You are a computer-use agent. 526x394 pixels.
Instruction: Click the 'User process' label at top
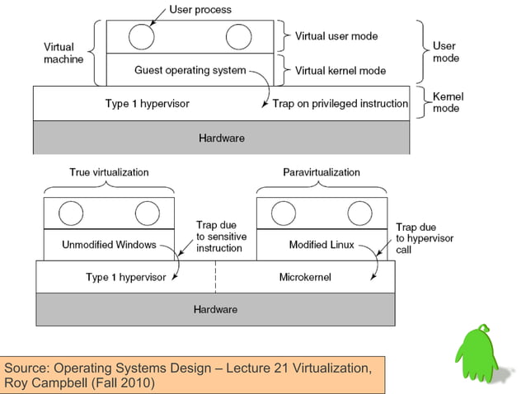click(200, 10)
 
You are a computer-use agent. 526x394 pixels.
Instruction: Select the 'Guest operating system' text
click(190, 70)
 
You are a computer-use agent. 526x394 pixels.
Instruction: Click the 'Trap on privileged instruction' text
click(340, 104)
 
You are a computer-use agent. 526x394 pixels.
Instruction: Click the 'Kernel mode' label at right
click(448, 102)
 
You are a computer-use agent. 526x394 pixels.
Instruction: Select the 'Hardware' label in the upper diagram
click(222, 138)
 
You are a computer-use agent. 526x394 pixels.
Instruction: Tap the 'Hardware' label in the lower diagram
click(215, 309)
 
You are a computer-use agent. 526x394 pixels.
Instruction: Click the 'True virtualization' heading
click(108, 172)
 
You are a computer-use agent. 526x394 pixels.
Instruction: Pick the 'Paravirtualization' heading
click(322, 172)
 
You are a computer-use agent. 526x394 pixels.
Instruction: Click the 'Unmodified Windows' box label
click(108, 245)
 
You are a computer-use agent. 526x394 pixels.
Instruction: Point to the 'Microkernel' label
click(305, 278)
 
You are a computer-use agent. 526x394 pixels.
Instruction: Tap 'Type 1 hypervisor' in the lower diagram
click(125, 278)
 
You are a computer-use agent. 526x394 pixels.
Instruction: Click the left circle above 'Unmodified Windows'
click(72, 213)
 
